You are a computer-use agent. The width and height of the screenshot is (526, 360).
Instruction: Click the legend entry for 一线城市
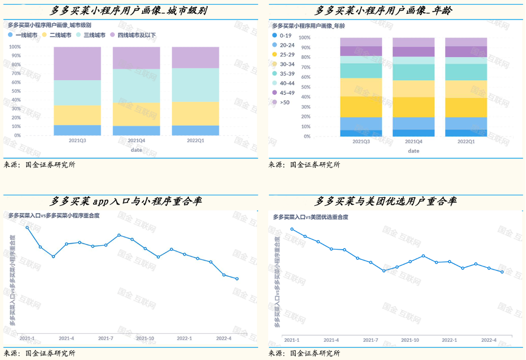(23, 35)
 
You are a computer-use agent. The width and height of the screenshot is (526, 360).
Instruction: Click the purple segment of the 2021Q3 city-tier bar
(77, 63)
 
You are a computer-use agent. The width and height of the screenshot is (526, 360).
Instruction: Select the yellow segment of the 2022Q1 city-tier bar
(195, 114)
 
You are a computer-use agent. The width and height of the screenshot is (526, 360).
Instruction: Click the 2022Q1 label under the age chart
(466, 141)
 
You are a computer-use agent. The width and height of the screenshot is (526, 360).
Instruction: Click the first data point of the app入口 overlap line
(27, 227)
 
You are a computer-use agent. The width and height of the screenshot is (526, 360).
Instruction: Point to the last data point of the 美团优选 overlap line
(502, 272)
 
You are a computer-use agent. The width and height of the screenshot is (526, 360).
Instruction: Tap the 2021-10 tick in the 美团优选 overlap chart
(409, 341)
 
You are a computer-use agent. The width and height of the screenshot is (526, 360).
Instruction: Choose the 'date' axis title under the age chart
(413, 151)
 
